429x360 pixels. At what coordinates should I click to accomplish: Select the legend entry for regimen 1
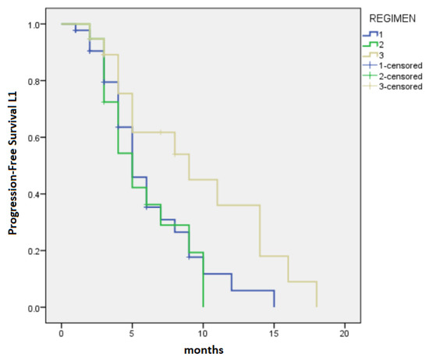coord(380,34)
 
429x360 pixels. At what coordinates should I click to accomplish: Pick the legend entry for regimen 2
coord(380,44)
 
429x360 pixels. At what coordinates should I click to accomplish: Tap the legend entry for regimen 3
coord(380,55)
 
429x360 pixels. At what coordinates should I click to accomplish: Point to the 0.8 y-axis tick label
coord(34,81)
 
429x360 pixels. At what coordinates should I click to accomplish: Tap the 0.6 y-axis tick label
coord(34,138)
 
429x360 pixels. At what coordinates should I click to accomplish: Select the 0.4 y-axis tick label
coord(34,194)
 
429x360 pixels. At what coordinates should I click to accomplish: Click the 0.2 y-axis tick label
coord(34,251)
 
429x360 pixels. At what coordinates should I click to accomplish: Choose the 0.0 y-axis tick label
coord(34,308)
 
